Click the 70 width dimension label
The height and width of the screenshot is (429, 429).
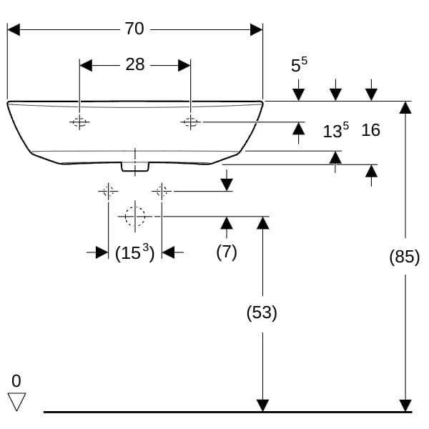[x=134, y=29]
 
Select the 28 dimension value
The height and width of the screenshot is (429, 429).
[x=134, y=65]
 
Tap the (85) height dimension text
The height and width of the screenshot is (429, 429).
[x=404, y=257]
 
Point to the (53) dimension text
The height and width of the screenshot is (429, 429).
[x=262, y=312]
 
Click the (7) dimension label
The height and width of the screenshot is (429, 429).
[x=227, y=252]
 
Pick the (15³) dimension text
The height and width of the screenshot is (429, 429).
[x=135, y=252]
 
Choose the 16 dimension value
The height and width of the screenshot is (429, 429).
[x=370, y=130]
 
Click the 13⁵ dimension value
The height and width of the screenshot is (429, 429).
[x=335, y=130]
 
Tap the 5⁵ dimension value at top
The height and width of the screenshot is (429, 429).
[x=299, y=66]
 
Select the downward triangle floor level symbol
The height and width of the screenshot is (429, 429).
[x=16, y=402]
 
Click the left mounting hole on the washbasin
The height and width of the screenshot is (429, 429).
[x=79, y=122]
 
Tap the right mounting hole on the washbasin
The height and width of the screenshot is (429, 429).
[x=189, y=122]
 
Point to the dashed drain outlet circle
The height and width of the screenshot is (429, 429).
[x=134, y=216]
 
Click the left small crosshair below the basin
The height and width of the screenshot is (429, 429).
[x=108, y=191]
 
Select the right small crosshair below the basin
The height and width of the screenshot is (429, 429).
[x=162, y=191]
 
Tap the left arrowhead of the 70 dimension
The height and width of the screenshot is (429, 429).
[x=13, y=29]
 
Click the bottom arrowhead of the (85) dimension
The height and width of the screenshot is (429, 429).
[x=405, y=405]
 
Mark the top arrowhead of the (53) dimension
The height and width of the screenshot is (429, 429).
[x=262, y=222]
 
